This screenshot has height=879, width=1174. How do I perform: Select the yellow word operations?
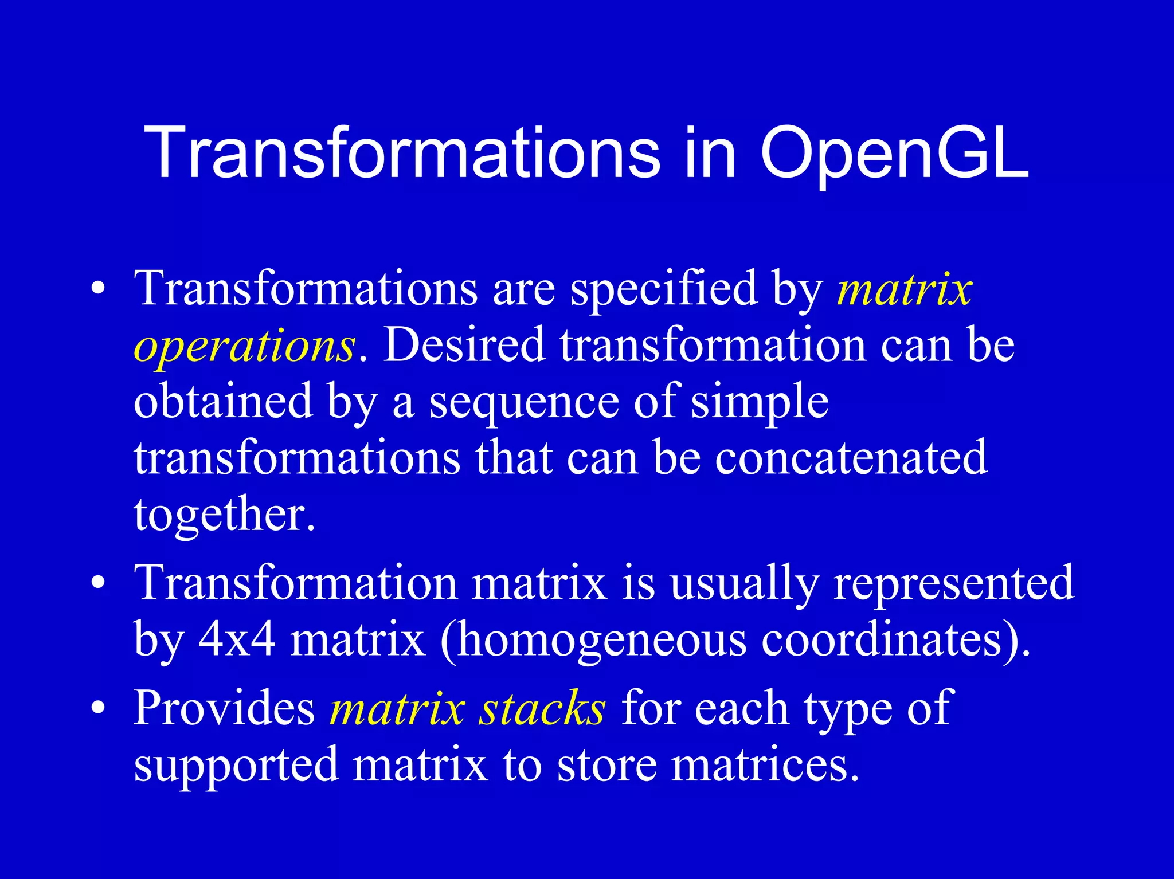[245, 346]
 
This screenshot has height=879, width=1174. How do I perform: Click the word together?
[224, 515]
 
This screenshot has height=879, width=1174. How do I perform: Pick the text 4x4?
[237, 639]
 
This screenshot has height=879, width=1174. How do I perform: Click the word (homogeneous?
[593, 641]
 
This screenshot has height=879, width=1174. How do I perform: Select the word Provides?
[224, 708]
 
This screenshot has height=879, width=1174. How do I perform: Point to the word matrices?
[765, 765]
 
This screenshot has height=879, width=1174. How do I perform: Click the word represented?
[953, 583]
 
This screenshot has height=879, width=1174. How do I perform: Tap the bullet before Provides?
[99, 708]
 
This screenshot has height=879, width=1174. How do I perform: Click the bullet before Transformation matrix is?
[99, 583]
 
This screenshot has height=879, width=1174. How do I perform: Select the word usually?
[745, 583]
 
